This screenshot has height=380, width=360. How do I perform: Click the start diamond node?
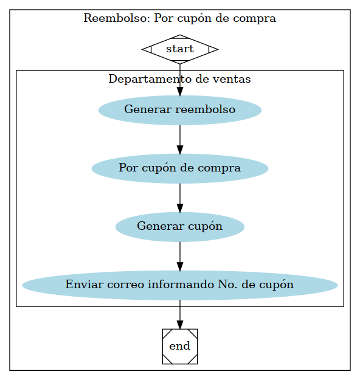pyautogui.click(x=179, y=49)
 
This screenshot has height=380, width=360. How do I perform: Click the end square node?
pyautogui.click(x=179, y=346)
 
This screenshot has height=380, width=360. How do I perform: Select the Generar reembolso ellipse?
pyautogui.click(x=179, y=110)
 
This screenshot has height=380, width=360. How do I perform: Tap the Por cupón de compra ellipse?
pyautogui.click(x=179, y=168)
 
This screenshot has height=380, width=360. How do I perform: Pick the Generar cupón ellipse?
pyautogui.click(x=179, y=227)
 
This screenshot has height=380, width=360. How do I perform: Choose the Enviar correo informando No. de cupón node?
pyautogui.click(x=179, y=285)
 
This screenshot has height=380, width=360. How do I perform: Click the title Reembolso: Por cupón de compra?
pyautogui.click(x=179, y=18)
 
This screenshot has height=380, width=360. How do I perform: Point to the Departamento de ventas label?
pyautogui.click(x=179, y=79)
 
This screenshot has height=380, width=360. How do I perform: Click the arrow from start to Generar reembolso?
pyautogui.click(x=179, y=79)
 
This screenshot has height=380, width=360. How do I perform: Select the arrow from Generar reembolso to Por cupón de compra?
pyautogui.click(x=179, y=139)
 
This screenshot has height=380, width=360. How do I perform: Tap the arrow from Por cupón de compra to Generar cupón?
pyautogui.click(x=179, y=198)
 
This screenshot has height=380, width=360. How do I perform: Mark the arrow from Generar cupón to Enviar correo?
pyautogui.click(x=179, y=256)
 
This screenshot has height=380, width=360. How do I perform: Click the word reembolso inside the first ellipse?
pyautogui.click(x=205, y=110)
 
